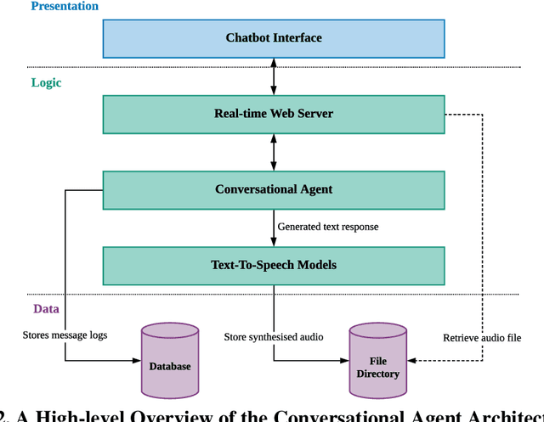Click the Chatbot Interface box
(x=273, y=37)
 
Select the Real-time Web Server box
(x=273, y=114)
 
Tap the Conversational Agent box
(x=273, y=189)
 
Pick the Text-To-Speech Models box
(x=273, y=265)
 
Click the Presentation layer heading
(x=65, y=7)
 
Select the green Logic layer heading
(x=46, y=82)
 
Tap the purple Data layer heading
(x=46, y=309)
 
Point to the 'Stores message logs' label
(x=65, y=335)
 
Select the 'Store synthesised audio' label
(x=274, y=337)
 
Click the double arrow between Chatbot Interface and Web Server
(x=273, y=76)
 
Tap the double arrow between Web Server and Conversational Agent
(x=273, y=151)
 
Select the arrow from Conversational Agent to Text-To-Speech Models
(x=273, y=227)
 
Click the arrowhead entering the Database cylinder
(x=136, y=360)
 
